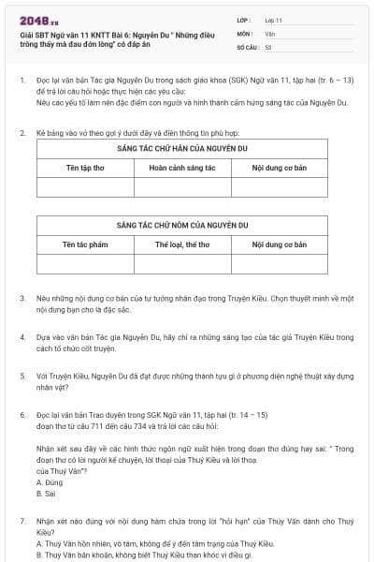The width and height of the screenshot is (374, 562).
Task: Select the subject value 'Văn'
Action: tap(269, 33)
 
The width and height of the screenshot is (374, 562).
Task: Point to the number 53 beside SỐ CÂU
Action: tap(268, 46)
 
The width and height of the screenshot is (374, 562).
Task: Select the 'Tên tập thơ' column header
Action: tap(86, 168)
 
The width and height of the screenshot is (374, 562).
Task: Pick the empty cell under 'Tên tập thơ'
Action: tap(86, 186)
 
